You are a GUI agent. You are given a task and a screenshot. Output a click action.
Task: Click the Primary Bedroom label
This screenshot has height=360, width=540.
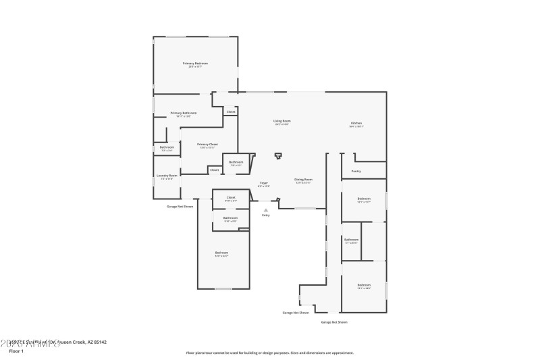coord(195,63)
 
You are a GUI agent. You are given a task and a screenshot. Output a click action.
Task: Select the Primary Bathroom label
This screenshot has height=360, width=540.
coord(184,113)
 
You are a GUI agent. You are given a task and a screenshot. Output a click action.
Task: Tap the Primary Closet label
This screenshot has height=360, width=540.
coord(207,144)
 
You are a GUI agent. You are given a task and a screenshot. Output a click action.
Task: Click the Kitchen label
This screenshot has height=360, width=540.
coord(356,123)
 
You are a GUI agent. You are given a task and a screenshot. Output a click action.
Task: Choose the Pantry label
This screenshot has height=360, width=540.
coord(356,172)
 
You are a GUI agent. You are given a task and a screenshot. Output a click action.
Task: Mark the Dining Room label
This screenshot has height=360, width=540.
coord(303,180)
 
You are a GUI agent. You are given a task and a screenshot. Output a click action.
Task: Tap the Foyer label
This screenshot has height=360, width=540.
coord(264,183)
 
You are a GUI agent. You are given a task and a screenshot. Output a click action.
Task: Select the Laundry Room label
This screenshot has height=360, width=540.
coord(167,176)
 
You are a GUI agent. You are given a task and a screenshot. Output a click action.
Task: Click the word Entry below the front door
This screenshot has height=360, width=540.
coord(266,215)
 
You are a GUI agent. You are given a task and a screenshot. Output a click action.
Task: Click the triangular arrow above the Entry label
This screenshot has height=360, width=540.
coord(266,209)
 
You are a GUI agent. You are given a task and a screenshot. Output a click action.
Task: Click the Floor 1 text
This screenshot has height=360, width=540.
coord(16,351)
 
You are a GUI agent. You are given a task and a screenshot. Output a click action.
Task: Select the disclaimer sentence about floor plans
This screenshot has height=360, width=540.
coord(269,353)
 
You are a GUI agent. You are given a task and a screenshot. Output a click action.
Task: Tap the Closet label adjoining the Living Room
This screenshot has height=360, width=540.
coord(231,111)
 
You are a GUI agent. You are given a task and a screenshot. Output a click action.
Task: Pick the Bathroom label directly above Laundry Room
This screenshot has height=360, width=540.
coord(167,147)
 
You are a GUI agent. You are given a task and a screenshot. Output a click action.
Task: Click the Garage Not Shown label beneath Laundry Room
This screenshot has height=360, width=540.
coord(180,206)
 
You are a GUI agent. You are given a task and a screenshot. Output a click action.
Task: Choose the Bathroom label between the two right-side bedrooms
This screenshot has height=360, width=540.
coord(351,240)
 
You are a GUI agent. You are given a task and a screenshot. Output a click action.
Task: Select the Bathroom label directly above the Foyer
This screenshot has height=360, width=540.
coord(236,162)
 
